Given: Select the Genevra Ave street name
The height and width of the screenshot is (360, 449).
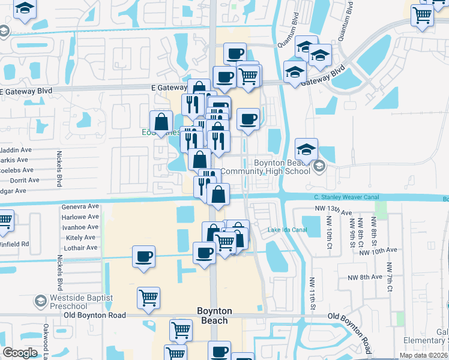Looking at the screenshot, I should click(80, 206).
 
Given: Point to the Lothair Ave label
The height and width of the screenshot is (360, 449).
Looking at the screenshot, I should click(81, 247).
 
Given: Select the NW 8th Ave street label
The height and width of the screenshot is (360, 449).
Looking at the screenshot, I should click(364, 277).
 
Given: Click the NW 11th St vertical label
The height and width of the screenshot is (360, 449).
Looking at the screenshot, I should click(312, 293).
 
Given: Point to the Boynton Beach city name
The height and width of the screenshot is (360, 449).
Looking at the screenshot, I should click(214, 316).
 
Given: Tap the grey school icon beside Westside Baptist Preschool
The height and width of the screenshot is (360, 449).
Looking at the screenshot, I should click(41, 300).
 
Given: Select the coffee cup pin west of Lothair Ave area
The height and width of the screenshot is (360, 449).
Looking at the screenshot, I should click(143, 257).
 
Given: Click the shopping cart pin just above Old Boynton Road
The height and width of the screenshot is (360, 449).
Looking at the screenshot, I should click(148, 297).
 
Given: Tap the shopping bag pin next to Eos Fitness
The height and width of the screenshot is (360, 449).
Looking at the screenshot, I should click(161, 123).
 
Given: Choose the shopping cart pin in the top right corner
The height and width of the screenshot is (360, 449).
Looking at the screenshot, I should click(423, 14).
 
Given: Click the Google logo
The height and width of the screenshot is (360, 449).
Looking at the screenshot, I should click(20, 353).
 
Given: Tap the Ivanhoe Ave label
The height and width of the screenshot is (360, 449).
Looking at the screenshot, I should click(80, 227).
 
